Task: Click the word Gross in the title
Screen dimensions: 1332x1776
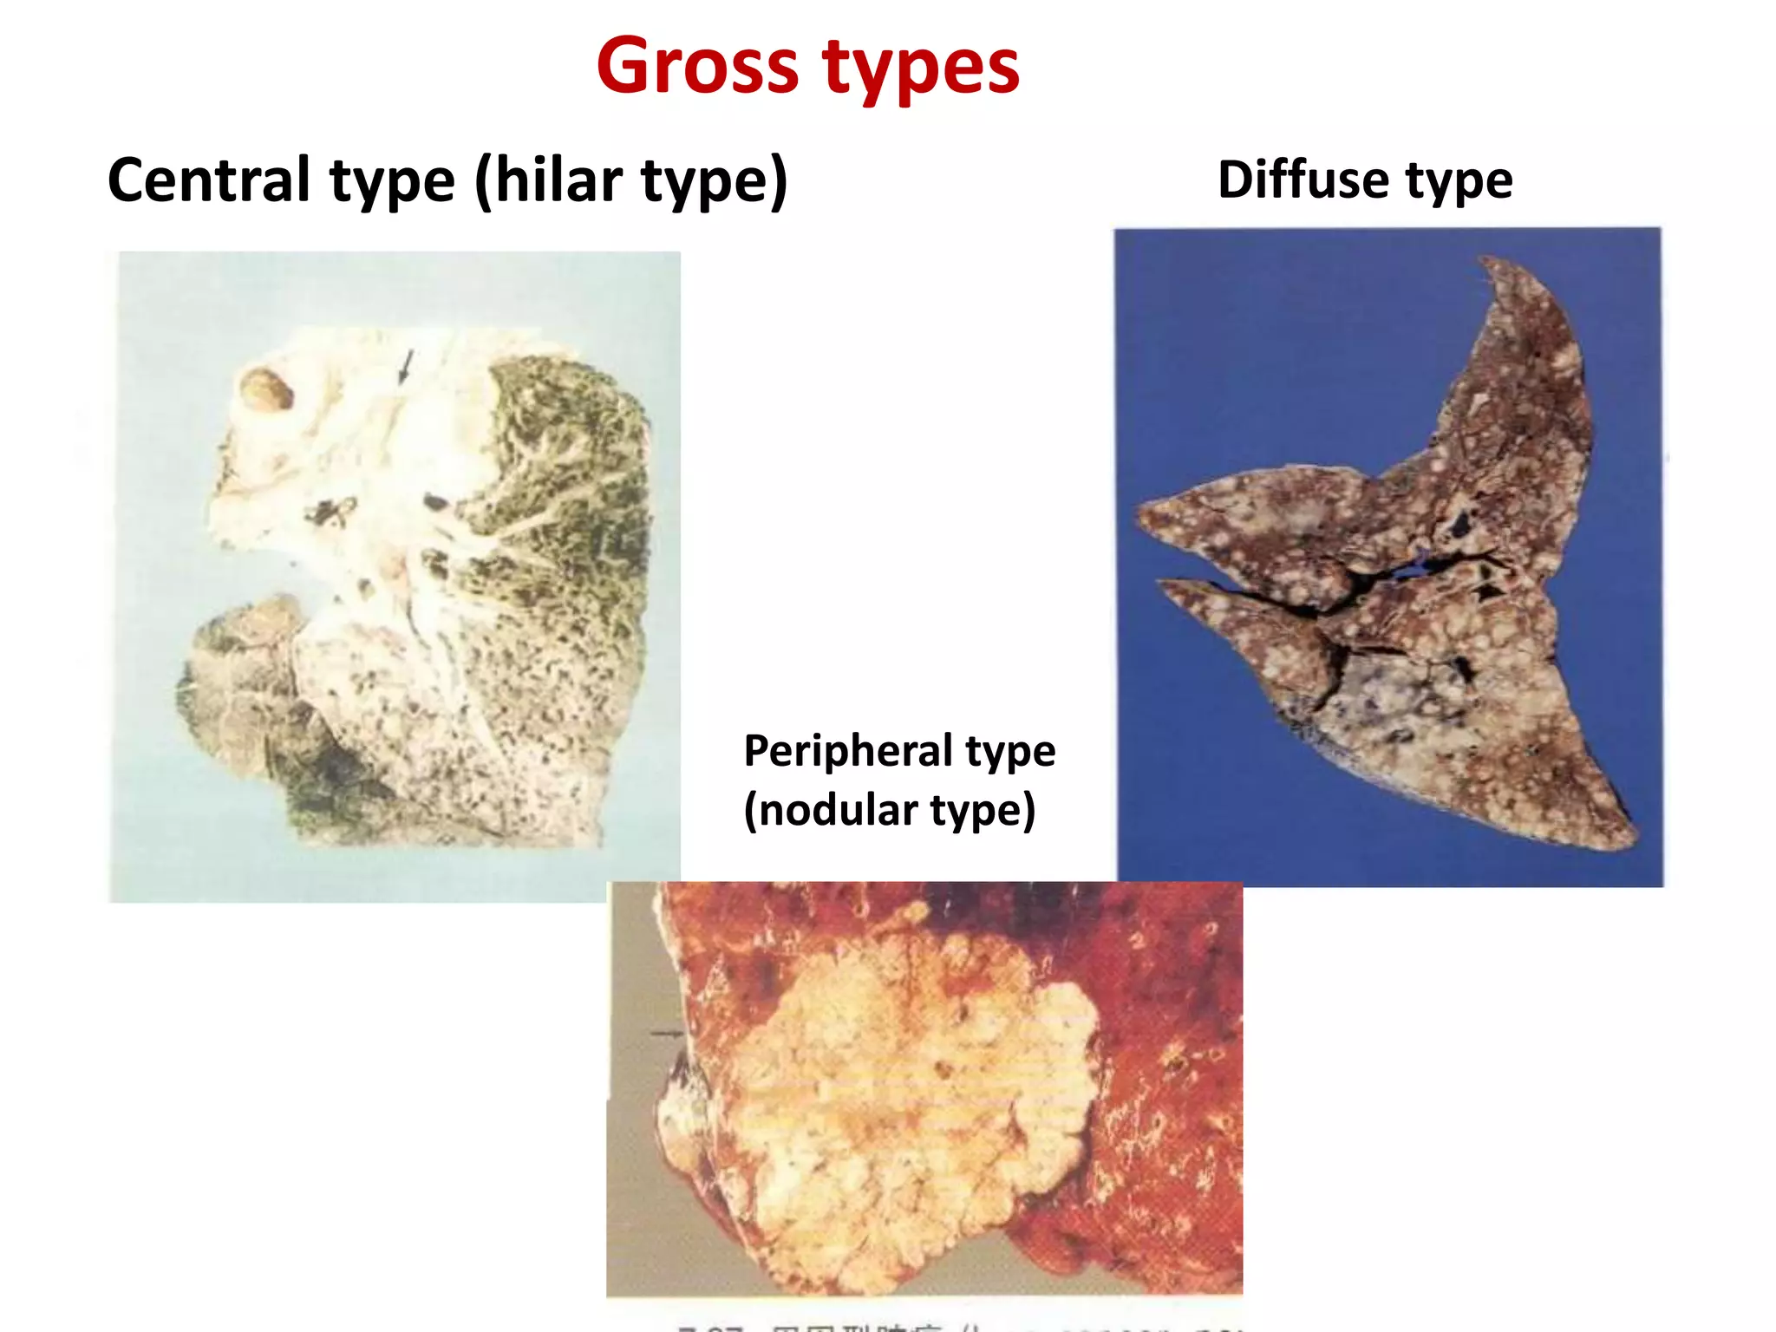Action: [x=697, y=68]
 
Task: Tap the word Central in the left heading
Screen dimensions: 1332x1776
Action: [x=208, y=180]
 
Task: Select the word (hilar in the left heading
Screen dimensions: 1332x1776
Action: [x=548, y=180]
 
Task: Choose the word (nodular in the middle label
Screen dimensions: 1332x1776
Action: [x=830, y=810]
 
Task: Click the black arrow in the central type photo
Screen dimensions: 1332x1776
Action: [x=405, y=366]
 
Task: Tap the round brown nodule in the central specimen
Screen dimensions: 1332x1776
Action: [x=266, y=388]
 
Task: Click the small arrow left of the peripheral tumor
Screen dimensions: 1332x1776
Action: [x=667, y=1033]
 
